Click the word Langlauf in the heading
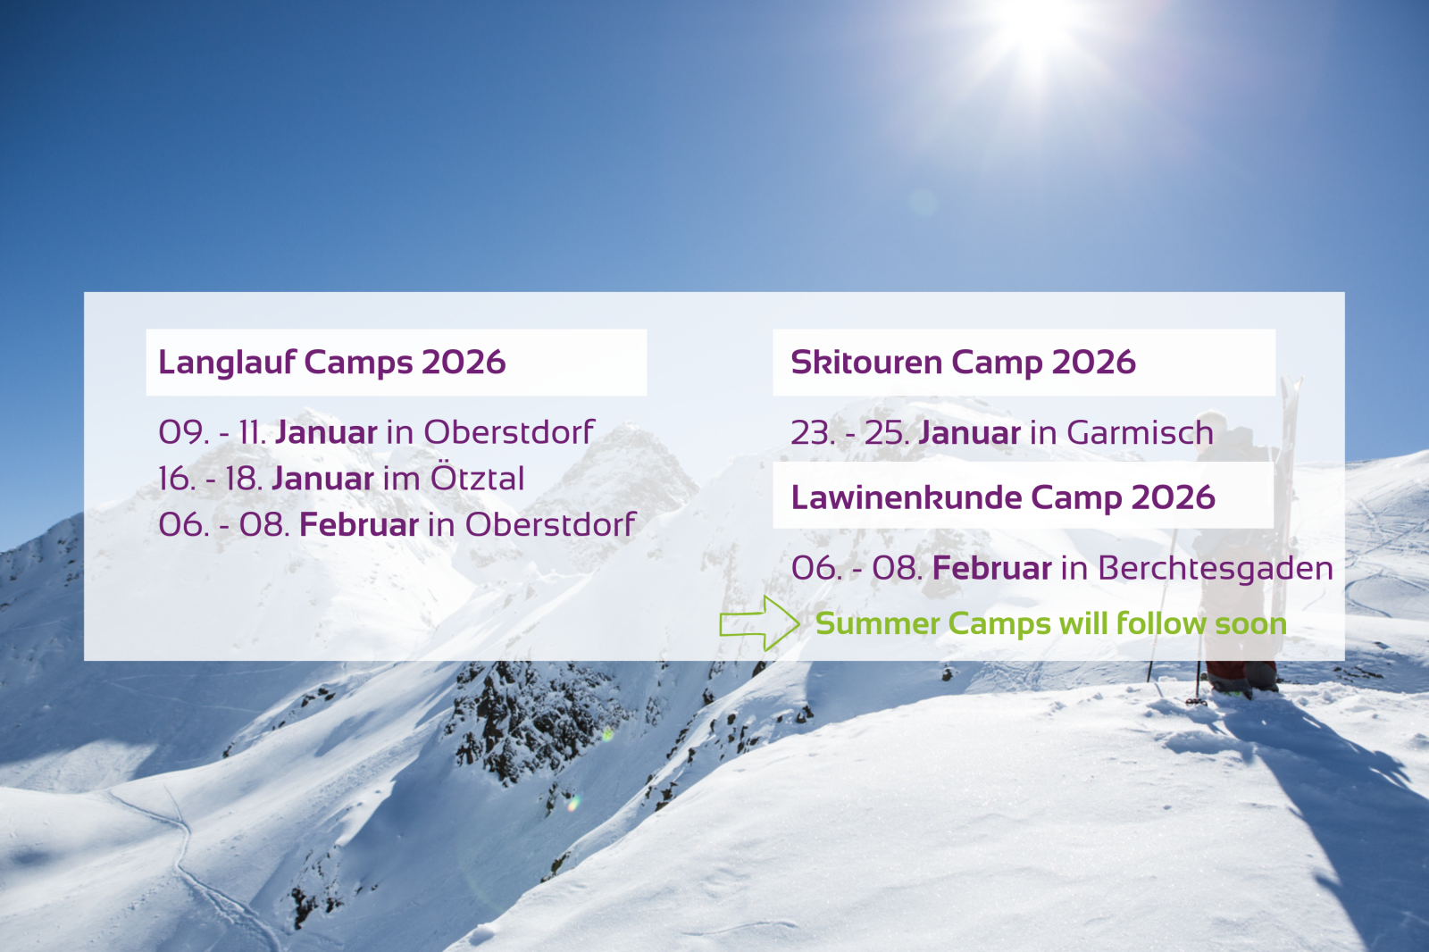pos(227,363)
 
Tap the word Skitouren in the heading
pos(866,362)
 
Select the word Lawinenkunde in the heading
pos(907,497)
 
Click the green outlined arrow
pos(759,623)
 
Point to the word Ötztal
pos(477,478)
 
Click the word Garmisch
pos(1140,432)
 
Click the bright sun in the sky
pos(1037,29)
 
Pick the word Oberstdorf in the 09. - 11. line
pos(510,432)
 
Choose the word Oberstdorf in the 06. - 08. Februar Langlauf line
pos(550,524)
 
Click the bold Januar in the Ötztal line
pos(322,479)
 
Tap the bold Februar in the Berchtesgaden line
pos(992,569)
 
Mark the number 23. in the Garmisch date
pos(813,432)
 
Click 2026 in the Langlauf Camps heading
pos(464,363)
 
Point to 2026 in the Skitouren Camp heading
pos(1093,362)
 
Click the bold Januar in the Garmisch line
pos(970,432)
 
